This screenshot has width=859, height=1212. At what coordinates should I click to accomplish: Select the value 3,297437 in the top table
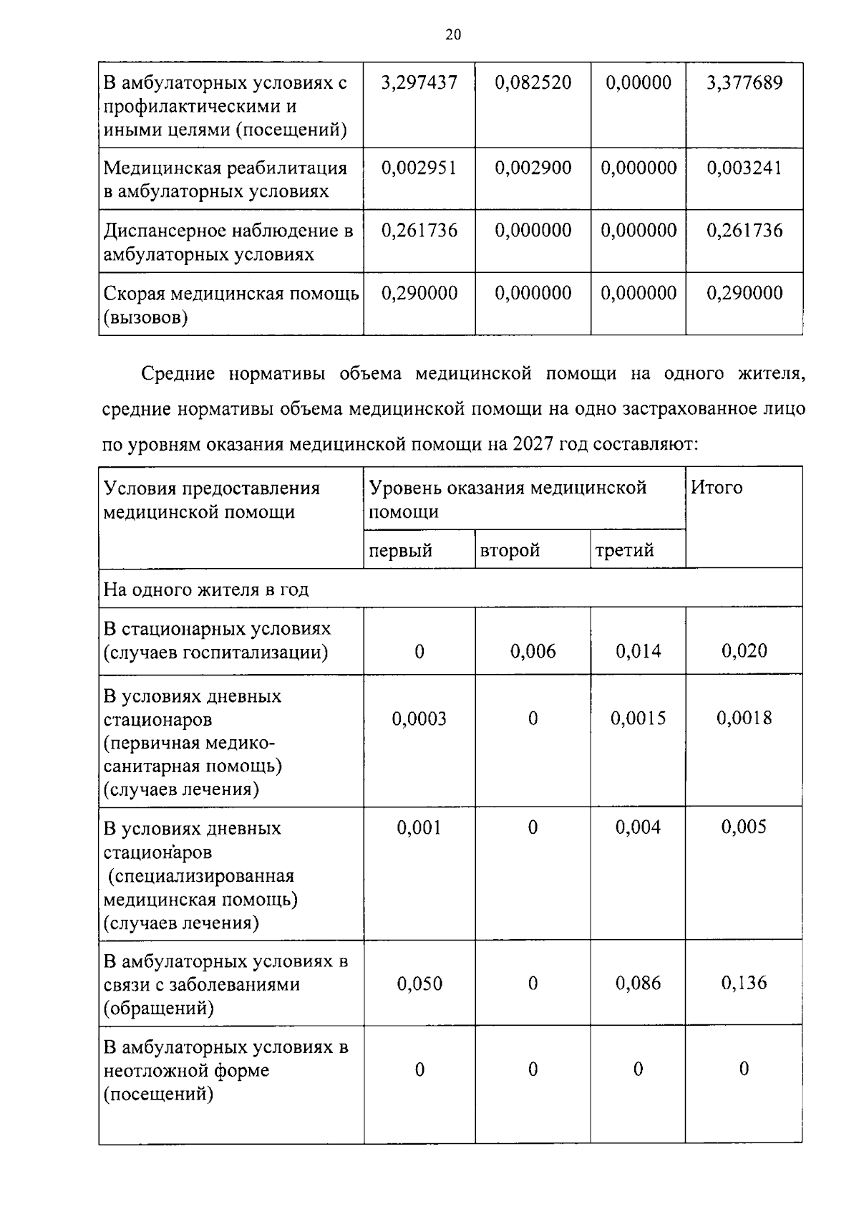[419, 83]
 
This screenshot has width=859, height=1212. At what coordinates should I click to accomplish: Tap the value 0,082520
[533, 83]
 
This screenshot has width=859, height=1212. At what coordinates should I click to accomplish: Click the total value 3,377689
[744, 83]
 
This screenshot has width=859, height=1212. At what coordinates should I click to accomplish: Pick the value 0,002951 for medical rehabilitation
[419, 168]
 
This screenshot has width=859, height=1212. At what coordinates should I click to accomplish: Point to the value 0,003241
[744, 168]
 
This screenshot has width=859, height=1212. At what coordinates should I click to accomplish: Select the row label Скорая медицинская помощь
[230, 294]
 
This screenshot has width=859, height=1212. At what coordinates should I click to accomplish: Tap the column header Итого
[717, 488]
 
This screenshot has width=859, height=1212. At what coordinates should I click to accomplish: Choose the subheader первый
[401, 550]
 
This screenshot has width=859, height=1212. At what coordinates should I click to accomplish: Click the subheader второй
[510, 550]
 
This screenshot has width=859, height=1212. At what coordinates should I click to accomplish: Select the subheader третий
[624, 550]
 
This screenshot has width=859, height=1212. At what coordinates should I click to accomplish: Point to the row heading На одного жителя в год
[206, 590]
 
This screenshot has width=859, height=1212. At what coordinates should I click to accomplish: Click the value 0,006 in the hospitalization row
[533, 651]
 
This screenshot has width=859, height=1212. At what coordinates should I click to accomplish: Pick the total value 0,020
[744, 651]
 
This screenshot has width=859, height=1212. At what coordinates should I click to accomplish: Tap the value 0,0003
[419, 718]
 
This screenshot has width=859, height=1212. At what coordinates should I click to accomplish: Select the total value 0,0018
[744, 718]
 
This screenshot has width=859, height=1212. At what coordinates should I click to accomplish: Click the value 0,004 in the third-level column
[639, 828]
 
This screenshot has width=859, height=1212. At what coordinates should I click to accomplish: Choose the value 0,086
[639, 983]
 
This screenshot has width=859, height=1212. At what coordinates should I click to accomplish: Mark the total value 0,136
[744, 983]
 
